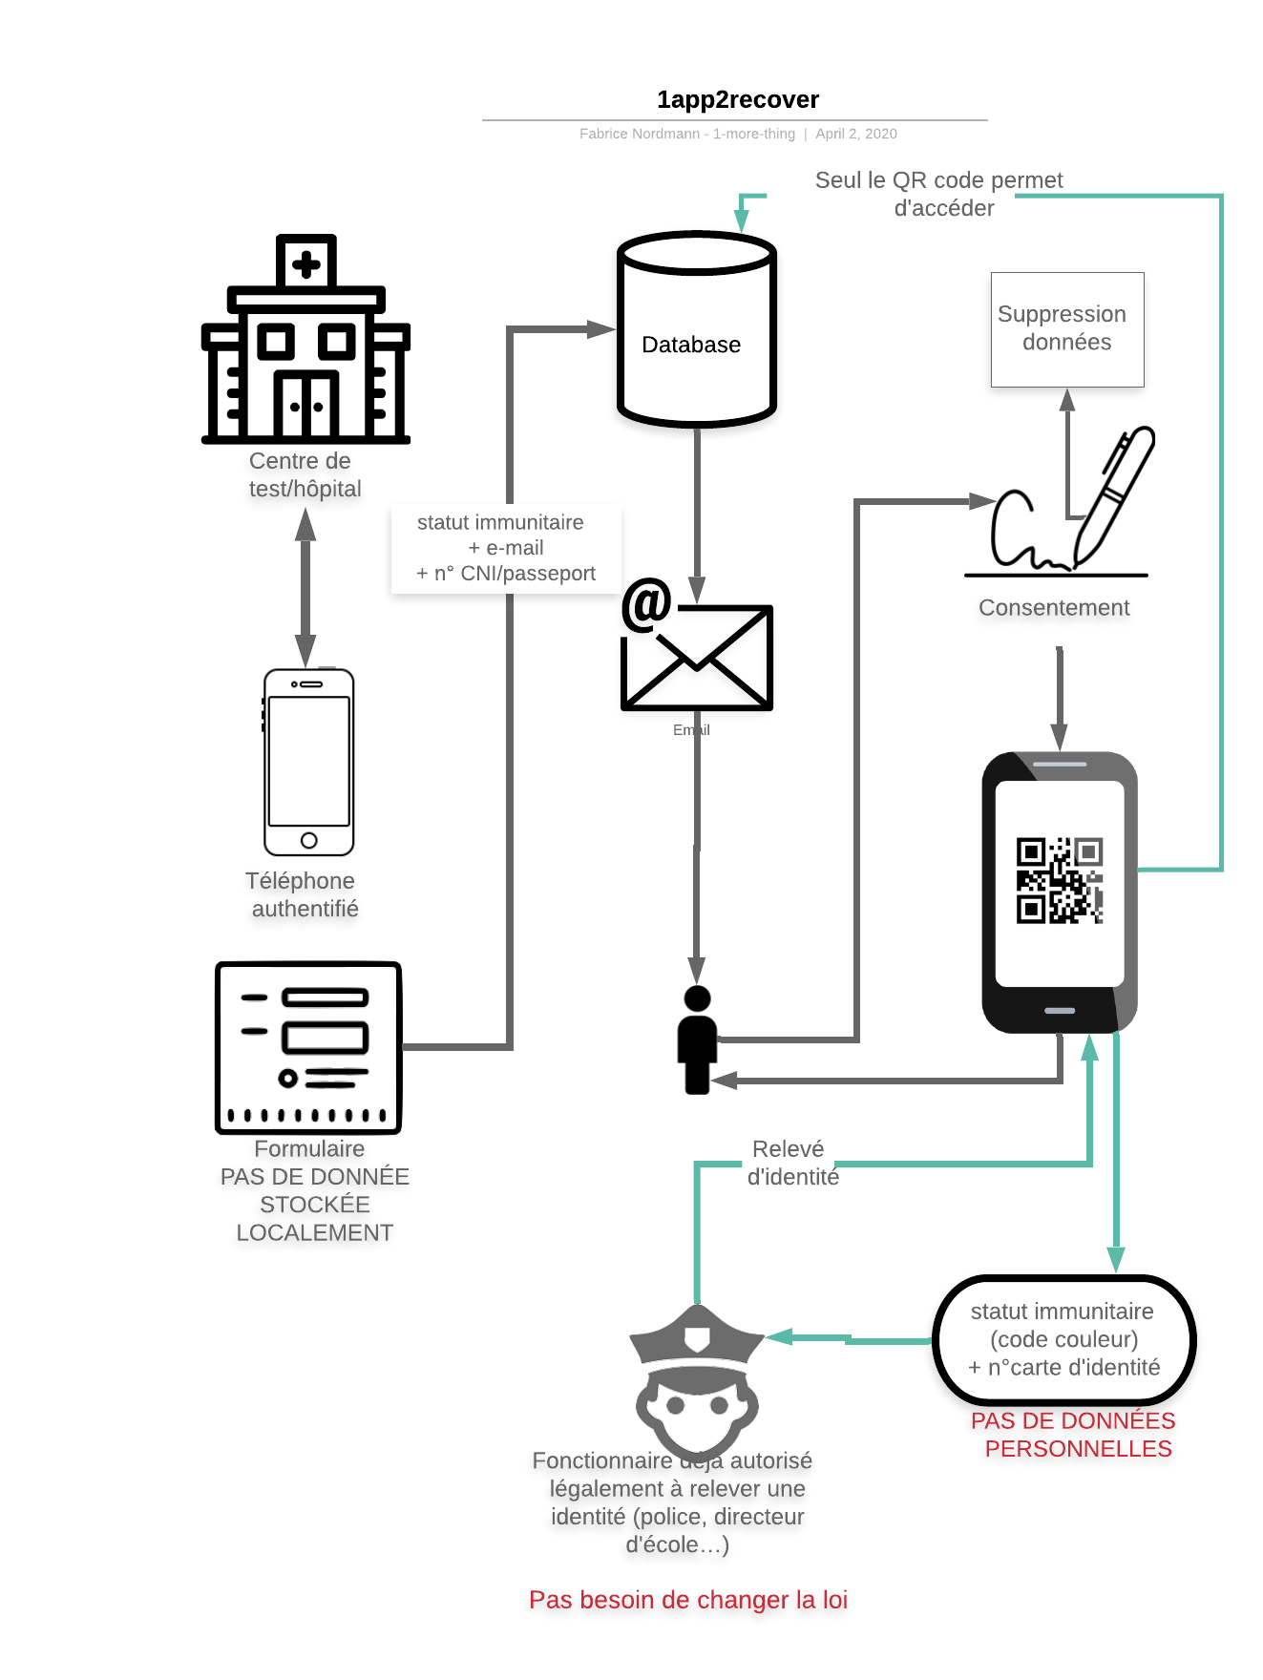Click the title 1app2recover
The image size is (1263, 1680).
pos(737,99)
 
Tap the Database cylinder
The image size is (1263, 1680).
pos(696,329)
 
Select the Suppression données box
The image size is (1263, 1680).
pos(1066,329)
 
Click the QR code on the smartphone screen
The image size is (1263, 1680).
pos(1059,880)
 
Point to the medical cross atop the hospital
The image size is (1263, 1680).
pos(305,263)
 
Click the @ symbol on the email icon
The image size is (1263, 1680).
pos(646,604)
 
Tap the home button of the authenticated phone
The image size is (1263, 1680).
pos(308,840)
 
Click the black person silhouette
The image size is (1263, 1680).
pos(697,1040)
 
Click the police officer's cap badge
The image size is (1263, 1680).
pos(698,1338)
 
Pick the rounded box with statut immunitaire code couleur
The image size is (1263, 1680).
pos(1063,1339)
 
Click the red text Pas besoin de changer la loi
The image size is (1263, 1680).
pos(688,1600)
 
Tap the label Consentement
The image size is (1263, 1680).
pos(1054,608)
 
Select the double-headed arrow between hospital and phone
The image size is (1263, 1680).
pos(305,586)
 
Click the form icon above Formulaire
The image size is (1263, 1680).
pos(308,1047)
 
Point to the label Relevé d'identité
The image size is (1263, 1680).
pos(791,1163)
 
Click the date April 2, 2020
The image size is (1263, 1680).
pos(855,134)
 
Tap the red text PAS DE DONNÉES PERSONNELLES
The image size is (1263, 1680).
pos(1074,1435)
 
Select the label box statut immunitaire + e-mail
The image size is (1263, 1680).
pos(505,548)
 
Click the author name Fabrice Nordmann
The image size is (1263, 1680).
pos(640,134)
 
